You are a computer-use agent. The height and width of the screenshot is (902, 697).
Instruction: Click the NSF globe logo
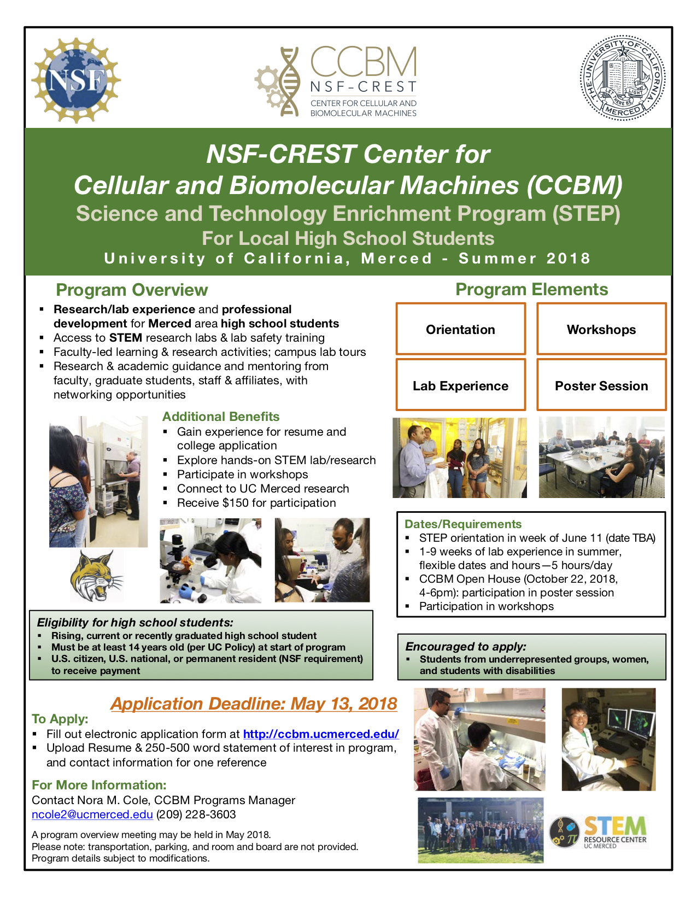coord(76,80)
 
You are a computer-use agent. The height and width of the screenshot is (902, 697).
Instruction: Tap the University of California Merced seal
coord(622,78)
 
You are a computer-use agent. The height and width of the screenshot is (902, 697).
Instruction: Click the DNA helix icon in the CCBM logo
coord(289,81)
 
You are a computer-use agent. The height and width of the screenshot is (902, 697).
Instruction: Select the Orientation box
coord(460,329)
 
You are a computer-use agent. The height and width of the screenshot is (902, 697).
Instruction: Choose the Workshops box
coord(601,329)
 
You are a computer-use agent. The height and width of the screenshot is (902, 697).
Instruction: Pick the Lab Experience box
coord(460,385)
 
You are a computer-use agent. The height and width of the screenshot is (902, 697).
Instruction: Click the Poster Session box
coord(601,385)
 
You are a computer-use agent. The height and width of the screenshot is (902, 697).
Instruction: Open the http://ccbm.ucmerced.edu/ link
coord(321,734)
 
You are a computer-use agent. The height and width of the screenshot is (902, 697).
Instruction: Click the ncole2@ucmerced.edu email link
coord(92,814)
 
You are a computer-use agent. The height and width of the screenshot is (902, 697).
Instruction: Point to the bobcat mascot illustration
coord(97,575)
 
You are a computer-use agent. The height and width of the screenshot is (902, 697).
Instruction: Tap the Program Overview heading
coord(132,290)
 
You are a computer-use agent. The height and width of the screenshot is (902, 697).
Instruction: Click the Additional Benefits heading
coord(220,417)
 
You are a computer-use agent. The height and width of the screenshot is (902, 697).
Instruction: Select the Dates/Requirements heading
coord(463,524)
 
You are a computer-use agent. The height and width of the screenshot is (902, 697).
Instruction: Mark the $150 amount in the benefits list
coord(236,503)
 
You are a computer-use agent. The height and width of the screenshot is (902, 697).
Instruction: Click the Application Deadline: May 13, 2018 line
coord(254,704)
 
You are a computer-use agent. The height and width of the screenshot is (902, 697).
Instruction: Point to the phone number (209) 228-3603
coord(196,814)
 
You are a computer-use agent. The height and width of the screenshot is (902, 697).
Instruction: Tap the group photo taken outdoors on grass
coord(481,830)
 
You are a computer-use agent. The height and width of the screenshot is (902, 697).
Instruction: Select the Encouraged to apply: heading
coord(466,646)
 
